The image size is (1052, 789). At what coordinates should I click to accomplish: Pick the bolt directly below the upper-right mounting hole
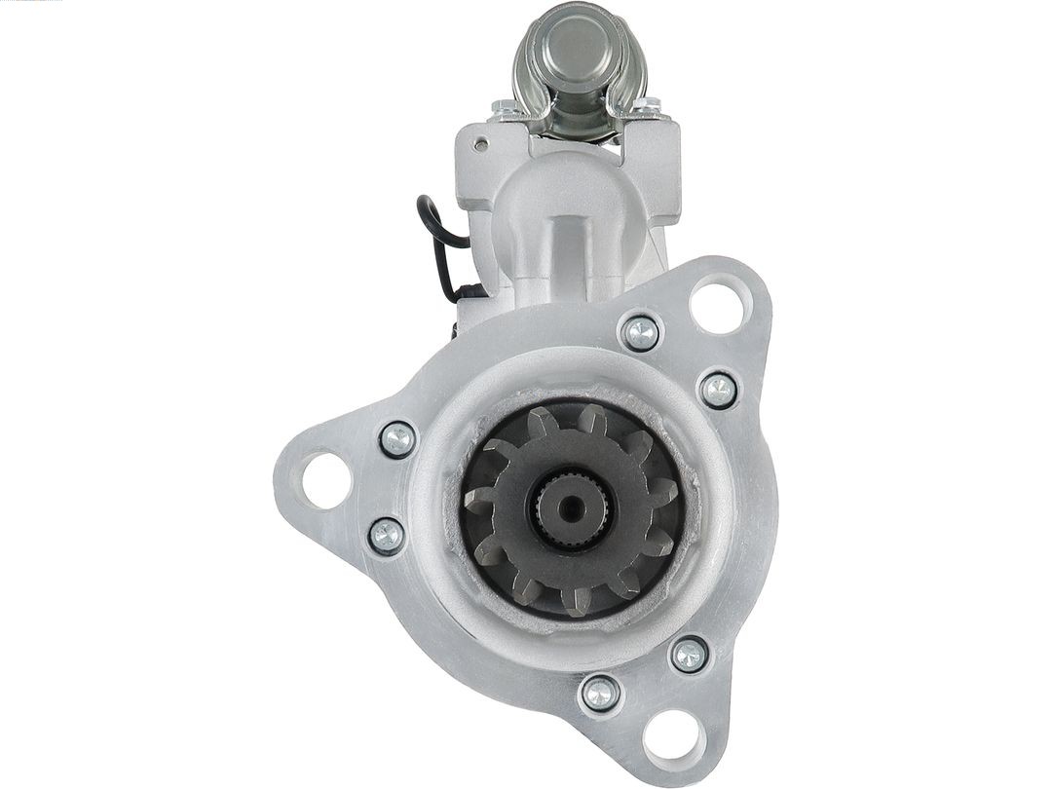coord(718,390)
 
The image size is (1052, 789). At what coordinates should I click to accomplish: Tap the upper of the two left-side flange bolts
coord(397,439)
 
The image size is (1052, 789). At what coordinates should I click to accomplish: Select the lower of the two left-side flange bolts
coord(387,535)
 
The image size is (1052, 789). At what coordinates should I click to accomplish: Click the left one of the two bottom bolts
coord(598,694)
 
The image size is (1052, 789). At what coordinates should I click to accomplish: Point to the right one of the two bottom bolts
coord(690,654)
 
